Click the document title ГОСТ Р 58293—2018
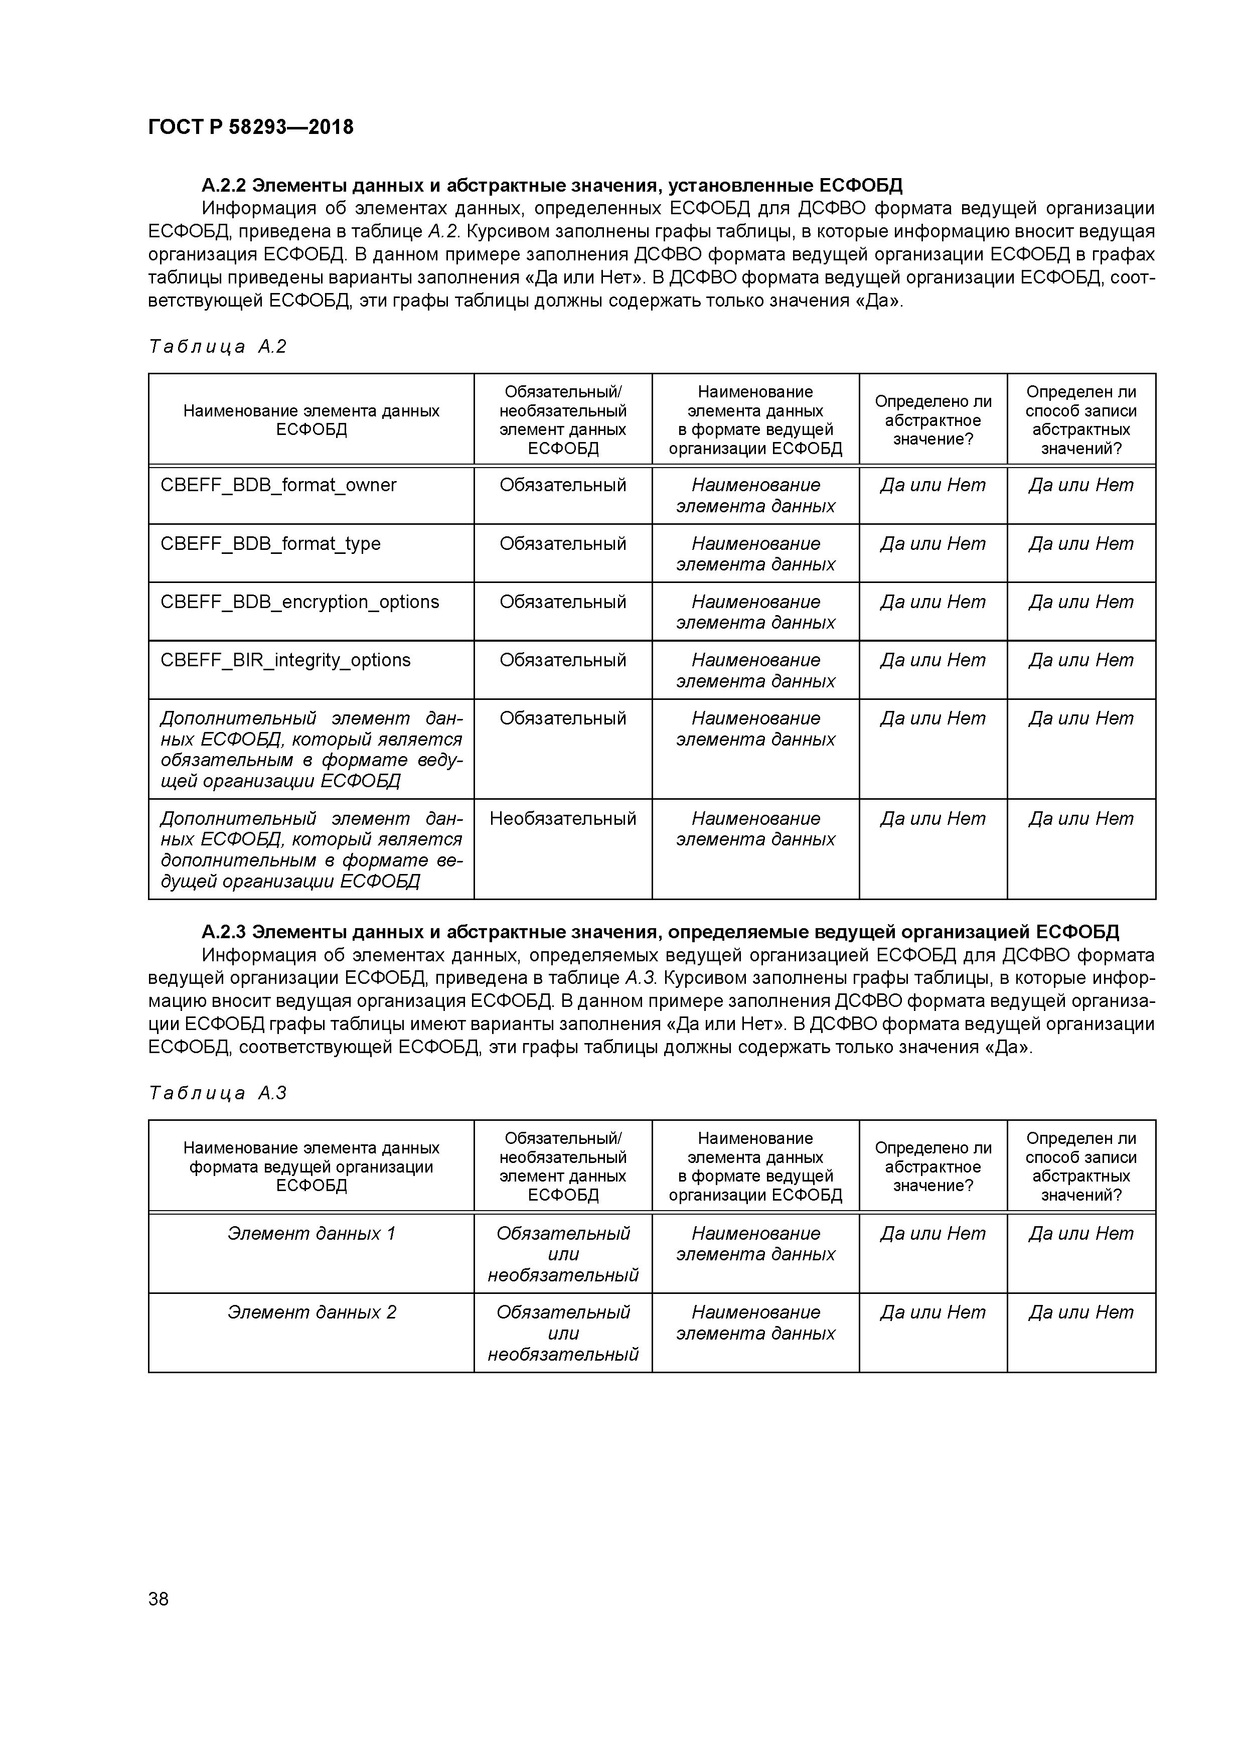(251, 127)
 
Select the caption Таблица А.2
(217, 347)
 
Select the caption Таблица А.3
(217, 1092)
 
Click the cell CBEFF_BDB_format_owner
(278, 485)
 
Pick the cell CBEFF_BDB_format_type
(270, 543)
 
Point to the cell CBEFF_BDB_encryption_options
(299, 602)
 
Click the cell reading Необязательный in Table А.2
(563, 819)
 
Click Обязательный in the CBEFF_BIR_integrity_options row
(563, 660)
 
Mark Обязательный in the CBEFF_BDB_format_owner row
(563, 485)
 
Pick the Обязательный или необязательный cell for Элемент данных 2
(563, 1333)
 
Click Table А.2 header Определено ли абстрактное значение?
(933, 420)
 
